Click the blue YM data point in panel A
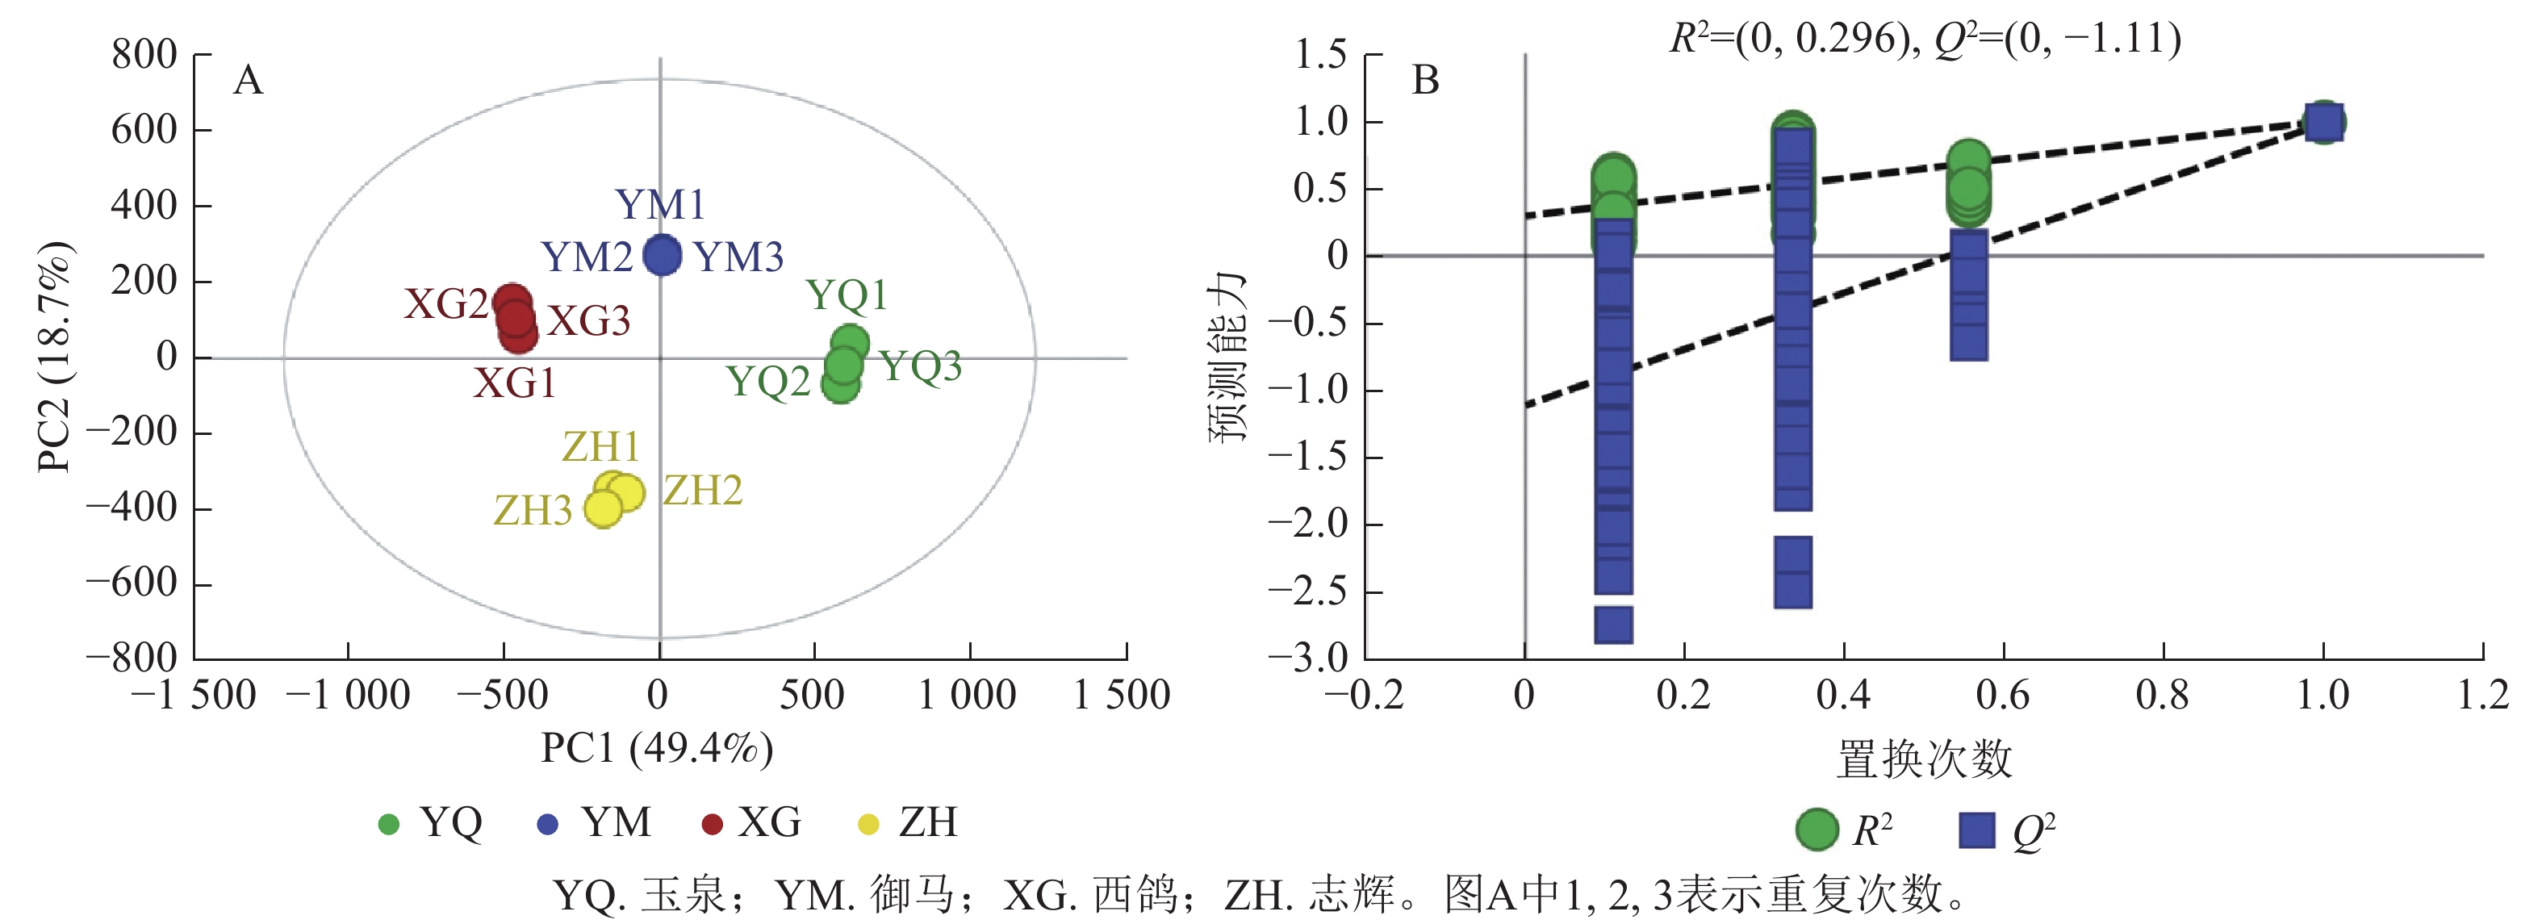(661, 255)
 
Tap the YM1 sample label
(660, 205)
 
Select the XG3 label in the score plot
(589, 322)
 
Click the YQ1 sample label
(847, 295)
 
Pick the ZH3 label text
(533, 510)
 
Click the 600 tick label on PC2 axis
(144, 129)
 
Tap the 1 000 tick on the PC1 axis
(967, 695)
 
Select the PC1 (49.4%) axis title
(656, 748)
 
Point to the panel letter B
(1425, 80)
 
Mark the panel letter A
(248, 80)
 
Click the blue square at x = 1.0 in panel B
(2323, 123)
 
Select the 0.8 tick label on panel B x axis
(2162, 695)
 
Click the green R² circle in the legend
(1817, 830)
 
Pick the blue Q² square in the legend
(1976, 830)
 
